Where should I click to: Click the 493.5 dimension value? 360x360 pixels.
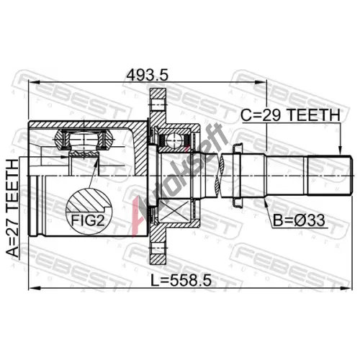(x=148, y=75)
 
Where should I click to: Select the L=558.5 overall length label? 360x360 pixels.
(x=181, y=280)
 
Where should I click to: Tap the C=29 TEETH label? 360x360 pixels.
(x=290, y=115)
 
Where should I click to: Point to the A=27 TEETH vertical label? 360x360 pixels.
(x=12, y=208)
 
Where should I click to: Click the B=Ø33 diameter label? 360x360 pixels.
(x=299, y=220)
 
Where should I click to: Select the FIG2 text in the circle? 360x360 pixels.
(x=88, y=220)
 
